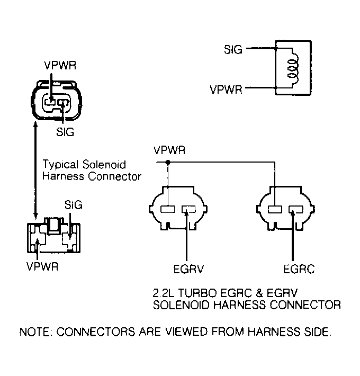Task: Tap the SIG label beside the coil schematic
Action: click(233, 49)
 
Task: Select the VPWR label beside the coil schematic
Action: click(226, 89)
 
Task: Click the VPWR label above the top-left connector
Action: click(60, 65)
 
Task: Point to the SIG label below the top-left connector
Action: click(65, 132)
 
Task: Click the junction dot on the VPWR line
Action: click(168, 163)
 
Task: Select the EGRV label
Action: click(188, 269)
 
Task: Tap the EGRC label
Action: click(299, 269)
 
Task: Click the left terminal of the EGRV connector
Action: click(167, 209)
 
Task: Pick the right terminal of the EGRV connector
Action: click(188, 209)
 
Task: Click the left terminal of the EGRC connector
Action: click(275, 209)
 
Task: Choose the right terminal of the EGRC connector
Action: click(296, 209)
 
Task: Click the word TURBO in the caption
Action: click(197, 293)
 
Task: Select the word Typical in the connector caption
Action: click(61, 165)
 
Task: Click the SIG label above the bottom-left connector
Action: click(74, 205)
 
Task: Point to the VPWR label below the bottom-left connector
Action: click(42, 266)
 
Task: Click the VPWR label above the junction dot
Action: click(169, 150)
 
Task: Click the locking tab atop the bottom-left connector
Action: click(54, 226)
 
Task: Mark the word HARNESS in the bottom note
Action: click(274, 332)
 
